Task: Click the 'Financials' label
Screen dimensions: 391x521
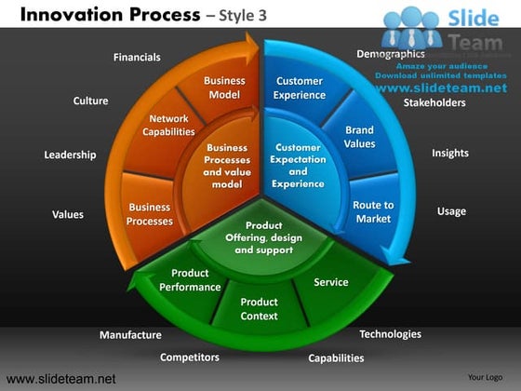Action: point(137,58)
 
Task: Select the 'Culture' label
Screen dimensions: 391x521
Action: point(90,101)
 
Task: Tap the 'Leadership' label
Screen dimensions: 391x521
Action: point(70,155)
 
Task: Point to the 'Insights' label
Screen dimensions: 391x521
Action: point(450,153)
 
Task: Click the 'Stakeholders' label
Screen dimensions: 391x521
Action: point(434,102)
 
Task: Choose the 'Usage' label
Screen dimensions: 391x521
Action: point(451,211)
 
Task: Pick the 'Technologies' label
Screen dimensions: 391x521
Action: point(390,334)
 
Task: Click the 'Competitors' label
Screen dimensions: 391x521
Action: point(190,357)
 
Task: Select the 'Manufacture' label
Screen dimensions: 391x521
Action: point(130,335)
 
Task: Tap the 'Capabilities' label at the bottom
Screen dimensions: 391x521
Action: point(336,357)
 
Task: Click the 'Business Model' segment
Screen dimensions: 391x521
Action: point(224,88)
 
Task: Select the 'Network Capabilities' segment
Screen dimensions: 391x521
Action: point(168,126)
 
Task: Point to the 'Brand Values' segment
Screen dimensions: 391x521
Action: point(359,138)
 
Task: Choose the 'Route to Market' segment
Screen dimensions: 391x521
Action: point(373,211)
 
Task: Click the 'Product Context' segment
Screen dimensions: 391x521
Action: point(259,309)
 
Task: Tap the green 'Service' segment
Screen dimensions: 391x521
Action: point(330,282)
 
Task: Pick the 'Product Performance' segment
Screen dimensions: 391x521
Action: point(190,280)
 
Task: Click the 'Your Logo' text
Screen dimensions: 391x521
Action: point(485,378)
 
